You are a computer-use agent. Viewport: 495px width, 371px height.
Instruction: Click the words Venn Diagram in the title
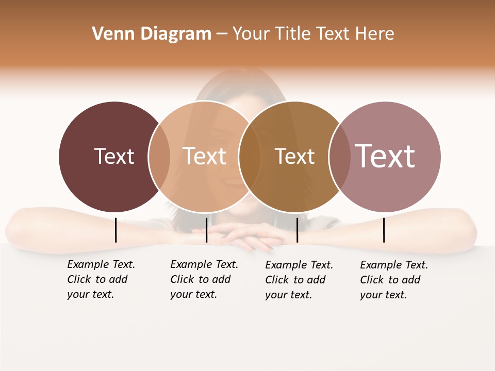pos(152,34)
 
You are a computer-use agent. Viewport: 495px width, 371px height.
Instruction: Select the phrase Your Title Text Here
pos(313,34)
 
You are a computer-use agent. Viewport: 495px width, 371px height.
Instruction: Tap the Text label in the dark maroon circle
pos(114,156)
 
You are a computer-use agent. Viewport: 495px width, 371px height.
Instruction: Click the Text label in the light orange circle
pos(204,156)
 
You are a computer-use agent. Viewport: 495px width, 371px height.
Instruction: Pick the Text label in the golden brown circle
pos(294,157)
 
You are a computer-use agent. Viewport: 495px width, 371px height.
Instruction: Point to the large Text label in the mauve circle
pos(385,156)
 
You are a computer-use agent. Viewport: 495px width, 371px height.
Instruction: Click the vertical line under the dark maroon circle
pos(115,230)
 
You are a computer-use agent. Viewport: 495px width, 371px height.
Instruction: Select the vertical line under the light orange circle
pos(206,230)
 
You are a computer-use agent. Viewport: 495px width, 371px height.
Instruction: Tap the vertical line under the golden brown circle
pos(297,230)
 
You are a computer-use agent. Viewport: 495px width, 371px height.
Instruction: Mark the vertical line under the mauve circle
pos(384,230)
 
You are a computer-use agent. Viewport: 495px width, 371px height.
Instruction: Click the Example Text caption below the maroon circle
pos(101,279)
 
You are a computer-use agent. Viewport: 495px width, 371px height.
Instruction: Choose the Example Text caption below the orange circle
pos(204,279)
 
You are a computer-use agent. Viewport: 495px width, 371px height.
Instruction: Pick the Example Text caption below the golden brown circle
pos(299,280)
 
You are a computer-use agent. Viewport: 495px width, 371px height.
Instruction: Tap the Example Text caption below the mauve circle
pos(394,280)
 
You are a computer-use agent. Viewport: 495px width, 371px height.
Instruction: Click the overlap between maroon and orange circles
pos(159,157)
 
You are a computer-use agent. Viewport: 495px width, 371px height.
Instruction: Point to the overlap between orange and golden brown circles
pos(250,157)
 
